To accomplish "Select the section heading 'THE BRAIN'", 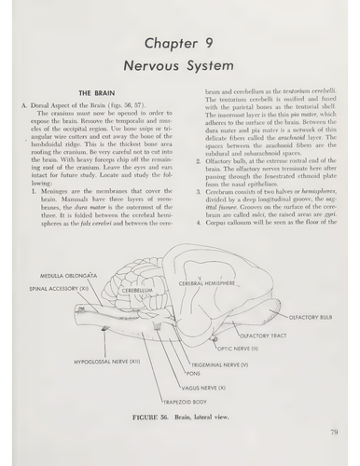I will (97, 94).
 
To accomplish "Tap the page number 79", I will (333, 432).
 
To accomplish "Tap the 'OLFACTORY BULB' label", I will (311, 317).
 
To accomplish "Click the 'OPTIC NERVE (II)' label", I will (245, 347).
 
